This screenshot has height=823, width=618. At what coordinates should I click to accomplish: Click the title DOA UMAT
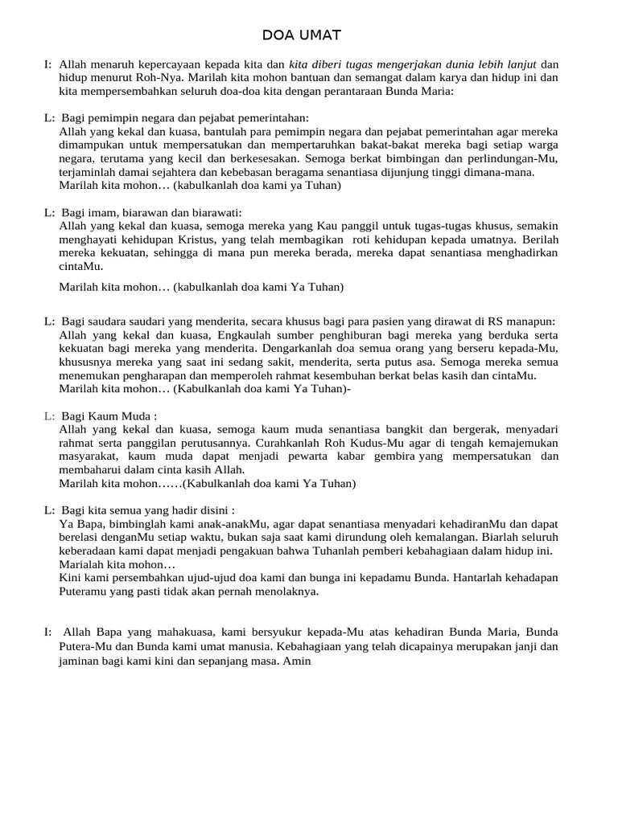coord(302,35)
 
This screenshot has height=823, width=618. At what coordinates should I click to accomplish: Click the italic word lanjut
coord(517,64)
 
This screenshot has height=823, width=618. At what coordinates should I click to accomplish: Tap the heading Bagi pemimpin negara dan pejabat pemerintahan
coord(184,118)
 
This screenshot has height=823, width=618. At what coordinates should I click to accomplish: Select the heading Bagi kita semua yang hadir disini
coord(147,510)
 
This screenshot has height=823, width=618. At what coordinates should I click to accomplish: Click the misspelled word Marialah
coord(83,564)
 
